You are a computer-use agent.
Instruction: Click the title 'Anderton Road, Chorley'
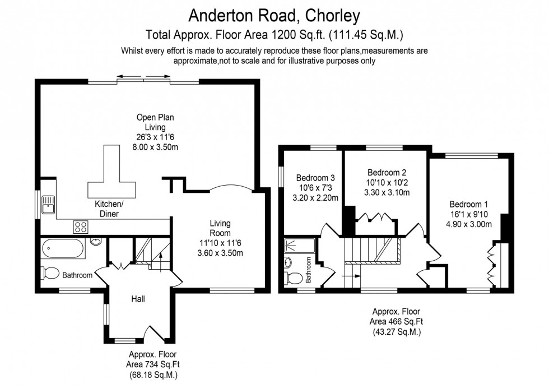click(x=274, y=13)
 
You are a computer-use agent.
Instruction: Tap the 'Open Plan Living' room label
click(x=155, y=122)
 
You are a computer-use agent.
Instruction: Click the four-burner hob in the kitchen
click(x=81, y=227)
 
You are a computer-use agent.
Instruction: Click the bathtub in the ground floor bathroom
click(x=63, y=247)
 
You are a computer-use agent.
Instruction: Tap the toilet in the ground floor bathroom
click(x=51, y=273)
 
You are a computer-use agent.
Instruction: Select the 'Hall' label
click(x=138, y=299)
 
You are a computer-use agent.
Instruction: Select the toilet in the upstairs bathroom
click(x=294, y=277)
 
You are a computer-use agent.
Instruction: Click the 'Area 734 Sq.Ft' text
click(x=155, y=364)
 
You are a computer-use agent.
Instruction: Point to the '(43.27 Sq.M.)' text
click(x=396, y=331)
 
